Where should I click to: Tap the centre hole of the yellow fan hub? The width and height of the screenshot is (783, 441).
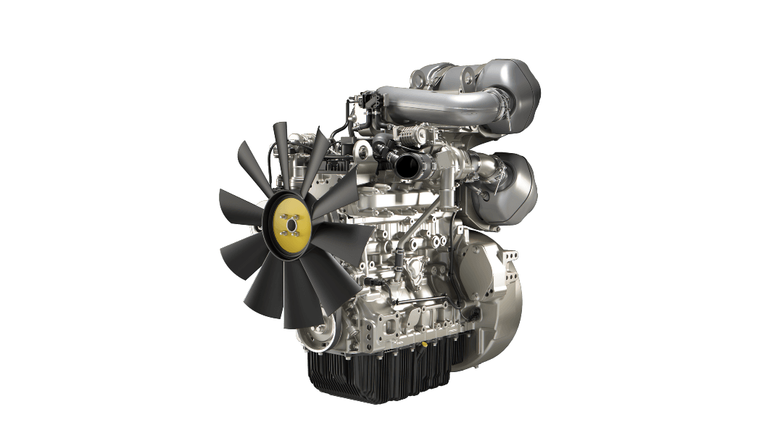point(291,225)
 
